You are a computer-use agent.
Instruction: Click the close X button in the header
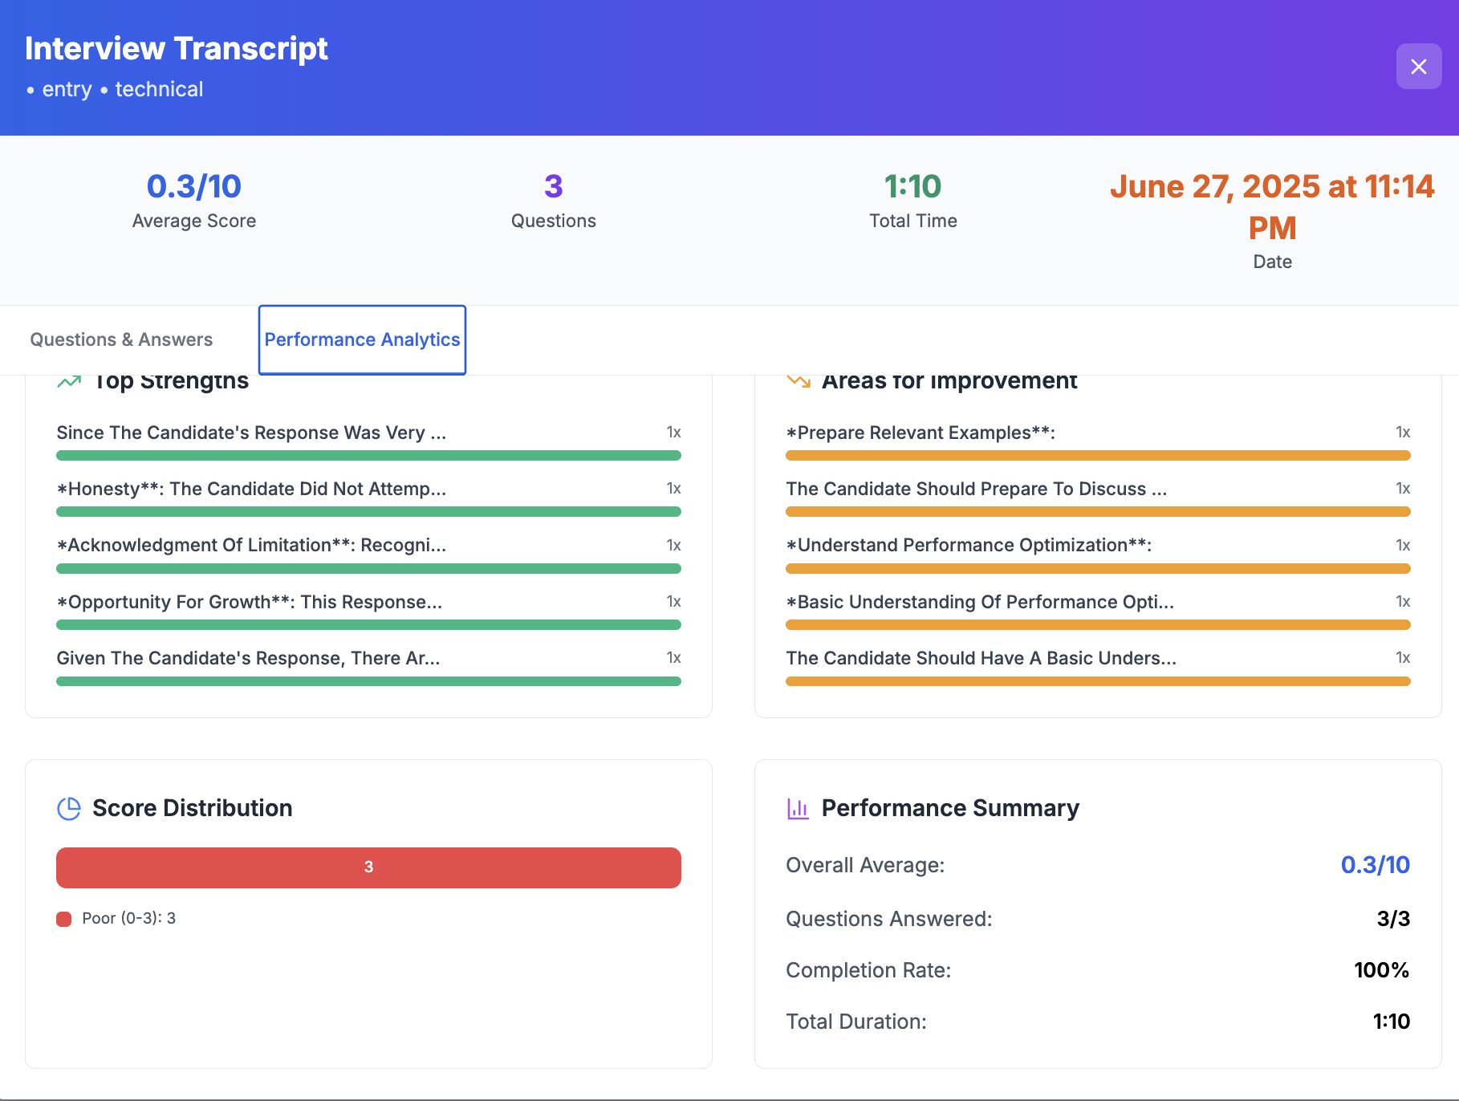coord(1418,67)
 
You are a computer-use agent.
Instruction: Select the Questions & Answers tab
coord(121,339)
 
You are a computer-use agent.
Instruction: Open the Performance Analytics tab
coord(362,339)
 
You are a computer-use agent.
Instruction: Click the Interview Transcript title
coord(176,48)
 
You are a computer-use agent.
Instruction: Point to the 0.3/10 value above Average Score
coord(193,186)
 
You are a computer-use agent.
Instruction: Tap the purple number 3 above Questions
coord(553,186)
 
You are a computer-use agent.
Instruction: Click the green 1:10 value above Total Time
coord(912,186)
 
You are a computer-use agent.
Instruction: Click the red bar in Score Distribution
coord(368,867)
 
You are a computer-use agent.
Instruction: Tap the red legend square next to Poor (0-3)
coord(64,919)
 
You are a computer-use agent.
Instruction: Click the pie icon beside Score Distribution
coord(69,808)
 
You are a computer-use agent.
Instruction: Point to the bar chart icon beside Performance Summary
coord(798,808)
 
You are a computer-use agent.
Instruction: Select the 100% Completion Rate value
coord(1381,970)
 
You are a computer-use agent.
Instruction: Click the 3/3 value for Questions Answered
coord(1393,919)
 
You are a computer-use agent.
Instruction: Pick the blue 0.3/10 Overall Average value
coord(1375,865)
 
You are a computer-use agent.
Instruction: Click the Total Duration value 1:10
coord(1391,1022)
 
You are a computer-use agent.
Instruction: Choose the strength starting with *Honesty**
coord(251,489)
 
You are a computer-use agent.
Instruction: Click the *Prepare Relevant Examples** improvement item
coord(921,433)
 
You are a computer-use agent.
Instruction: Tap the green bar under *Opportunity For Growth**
coord(368,624)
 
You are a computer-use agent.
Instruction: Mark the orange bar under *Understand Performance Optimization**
coord(1098,568)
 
